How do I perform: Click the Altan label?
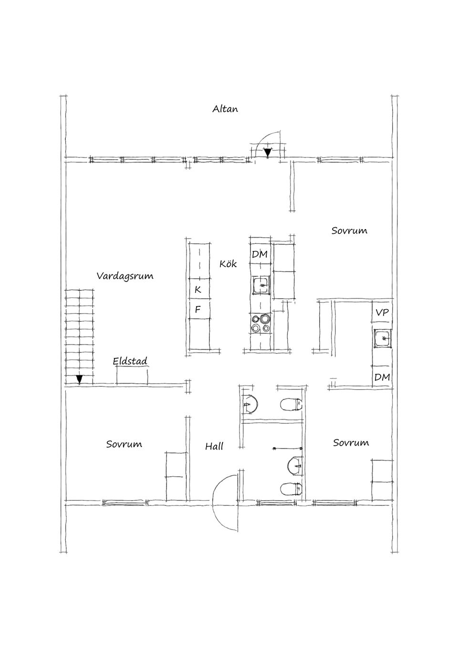click(x=225, y=109)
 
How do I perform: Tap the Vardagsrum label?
click(x=125, y=276)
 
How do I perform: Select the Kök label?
click(x=228, y=263)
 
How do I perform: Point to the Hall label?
click(x=214, y=446)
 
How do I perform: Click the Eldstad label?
click(x=130, y=361)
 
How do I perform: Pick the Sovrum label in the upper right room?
click(x=349, y=231)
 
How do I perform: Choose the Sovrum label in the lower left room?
click(x=124, y=444)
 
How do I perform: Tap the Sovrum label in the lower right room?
click(x=351, y=443)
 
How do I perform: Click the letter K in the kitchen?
click(x=198, y=289)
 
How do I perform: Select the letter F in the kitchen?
click(x=198, y=310)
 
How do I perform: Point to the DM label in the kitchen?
click(x=260, y=254)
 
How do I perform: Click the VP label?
click(x=382, y=313)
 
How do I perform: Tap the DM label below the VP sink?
click(x=382, y=377)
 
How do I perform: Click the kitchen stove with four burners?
click(x=261, y=324)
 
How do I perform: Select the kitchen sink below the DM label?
click(x=261, y=285)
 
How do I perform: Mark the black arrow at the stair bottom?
click(x=79, y=379)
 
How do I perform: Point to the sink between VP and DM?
click(x=383, y=338)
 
